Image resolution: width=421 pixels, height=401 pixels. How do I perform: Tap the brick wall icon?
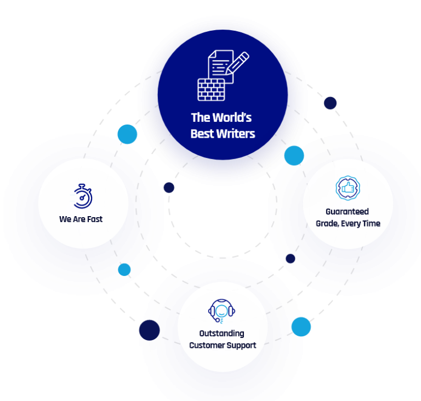pos(211,90)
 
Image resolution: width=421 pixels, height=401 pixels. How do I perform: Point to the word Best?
pos(202,133)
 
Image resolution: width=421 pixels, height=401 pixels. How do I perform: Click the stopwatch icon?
pos(83,196)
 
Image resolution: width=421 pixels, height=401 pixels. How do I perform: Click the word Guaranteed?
pos(347,212)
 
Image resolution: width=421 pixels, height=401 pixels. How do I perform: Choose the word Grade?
pos(328,224)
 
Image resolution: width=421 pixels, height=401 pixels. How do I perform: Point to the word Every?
pos(354,224)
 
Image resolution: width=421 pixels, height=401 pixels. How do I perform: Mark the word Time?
pos(373,224)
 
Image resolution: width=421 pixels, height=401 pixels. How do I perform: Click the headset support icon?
pos(222,311)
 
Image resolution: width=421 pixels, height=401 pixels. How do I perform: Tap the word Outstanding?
pos(222,334)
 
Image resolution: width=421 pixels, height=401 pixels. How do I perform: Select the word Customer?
pos(207,346)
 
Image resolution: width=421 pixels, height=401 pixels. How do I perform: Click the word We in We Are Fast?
pos(64,219)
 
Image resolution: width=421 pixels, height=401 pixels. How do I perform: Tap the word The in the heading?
pos(200,117)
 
